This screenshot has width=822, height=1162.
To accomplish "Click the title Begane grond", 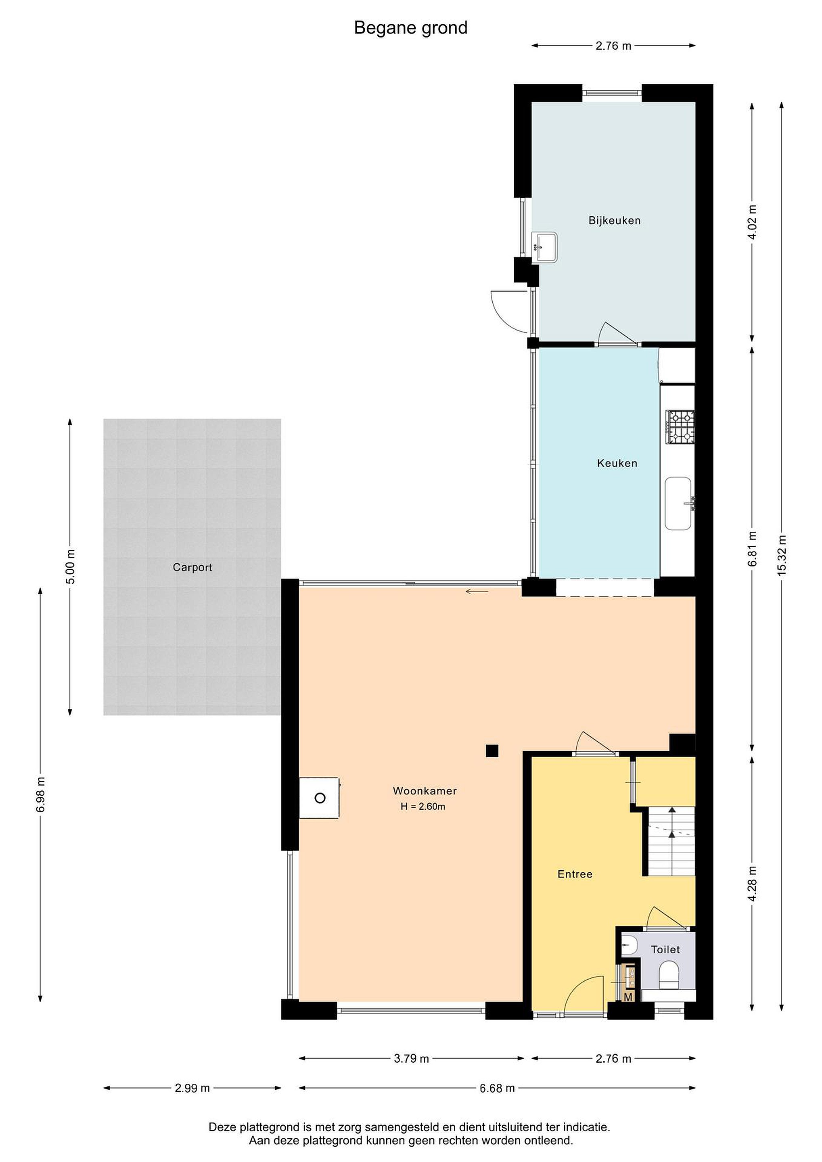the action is point(410,28).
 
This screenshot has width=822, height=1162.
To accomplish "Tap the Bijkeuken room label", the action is point(615,221).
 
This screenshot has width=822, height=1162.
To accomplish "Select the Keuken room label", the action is point(617,463).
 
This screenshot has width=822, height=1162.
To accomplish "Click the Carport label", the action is point(192,567).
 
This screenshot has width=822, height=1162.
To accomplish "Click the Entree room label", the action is point(575,874).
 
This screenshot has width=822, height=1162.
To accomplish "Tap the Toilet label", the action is point(665,949).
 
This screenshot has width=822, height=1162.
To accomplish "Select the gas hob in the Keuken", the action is point(680,426).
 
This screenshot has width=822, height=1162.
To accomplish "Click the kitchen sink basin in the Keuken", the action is point(678,503).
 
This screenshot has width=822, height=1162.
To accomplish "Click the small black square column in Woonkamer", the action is point(492,750).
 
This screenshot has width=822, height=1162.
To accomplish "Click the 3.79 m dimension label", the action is point(412,1058).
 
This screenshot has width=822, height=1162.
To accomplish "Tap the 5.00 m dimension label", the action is point(70,567).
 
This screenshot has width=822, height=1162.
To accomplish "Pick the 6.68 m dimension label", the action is point(497,1088).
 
